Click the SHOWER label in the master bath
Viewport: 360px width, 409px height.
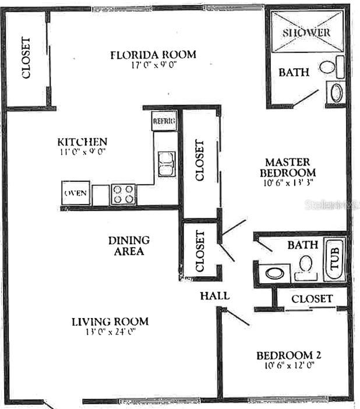(x=306, y=32)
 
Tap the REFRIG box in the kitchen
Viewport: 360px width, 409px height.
(x=164, y=121)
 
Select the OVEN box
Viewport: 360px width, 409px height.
(x=76, y=193)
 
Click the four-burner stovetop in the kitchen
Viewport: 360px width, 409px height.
(x=123, y=194)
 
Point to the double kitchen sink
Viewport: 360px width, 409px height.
(x=166, y=163)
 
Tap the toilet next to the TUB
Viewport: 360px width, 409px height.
(x=304, y=267)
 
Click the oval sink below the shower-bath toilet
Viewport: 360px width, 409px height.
(x=336, y=92)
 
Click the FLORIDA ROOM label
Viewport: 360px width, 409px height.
(x=153, y=55)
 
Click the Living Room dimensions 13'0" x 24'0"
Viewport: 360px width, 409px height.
(x=110, y=332)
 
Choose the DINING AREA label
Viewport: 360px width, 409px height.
(x=129, y=245)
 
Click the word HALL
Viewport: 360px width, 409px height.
(x=214, y=295)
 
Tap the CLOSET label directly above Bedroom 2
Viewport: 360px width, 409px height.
(x=312, y=299)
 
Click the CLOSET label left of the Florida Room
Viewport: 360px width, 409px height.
(x=26, y=58)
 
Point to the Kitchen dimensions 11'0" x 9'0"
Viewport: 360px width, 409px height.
(x=82, y=152)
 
